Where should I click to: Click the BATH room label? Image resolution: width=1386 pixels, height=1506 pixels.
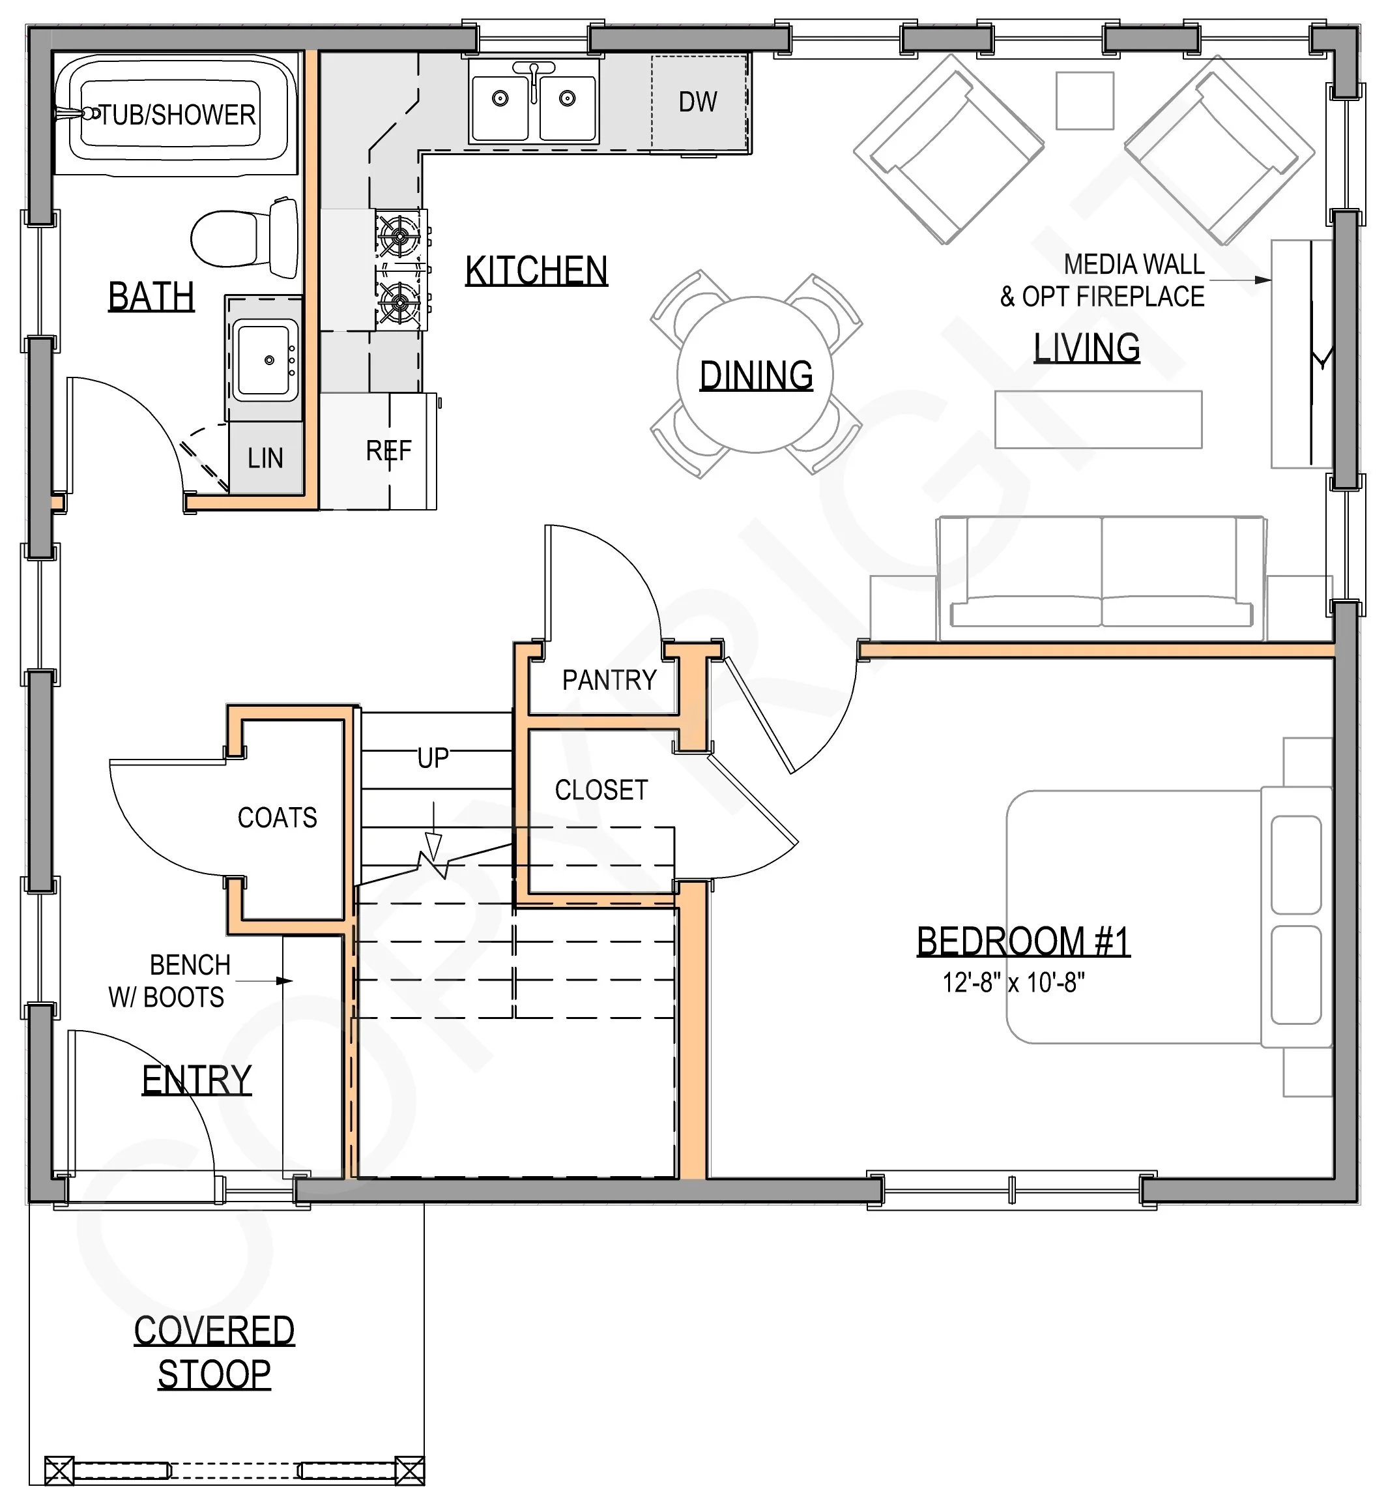[151, 297]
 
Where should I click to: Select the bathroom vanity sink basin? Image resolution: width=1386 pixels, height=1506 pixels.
[264, 359]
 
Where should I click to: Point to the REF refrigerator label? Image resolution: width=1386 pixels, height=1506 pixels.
[388, 451]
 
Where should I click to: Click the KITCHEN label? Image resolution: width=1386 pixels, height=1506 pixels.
[536, 271]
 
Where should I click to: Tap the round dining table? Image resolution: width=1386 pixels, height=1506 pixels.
[755, 374]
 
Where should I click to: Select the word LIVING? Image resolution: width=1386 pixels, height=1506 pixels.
[1087, 348]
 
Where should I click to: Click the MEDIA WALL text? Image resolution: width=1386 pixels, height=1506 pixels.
[1134, 264]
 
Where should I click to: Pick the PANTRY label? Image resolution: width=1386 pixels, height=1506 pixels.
[609, 680]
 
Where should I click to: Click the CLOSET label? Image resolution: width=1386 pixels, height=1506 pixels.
[601, 790]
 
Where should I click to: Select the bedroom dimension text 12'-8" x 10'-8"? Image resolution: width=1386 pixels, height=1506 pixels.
[1014, 982]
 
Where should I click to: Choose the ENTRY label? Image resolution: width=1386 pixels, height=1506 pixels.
[197, 1080]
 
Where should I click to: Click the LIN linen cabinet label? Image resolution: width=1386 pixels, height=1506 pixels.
[265, 458]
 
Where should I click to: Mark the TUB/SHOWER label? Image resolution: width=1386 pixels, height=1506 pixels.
[177, 115]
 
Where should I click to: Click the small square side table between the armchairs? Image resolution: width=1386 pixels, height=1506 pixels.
[1084, 100]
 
